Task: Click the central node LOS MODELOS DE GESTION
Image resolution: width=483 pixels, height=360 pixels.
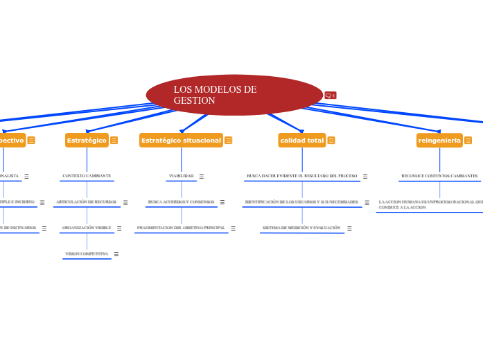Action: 234,95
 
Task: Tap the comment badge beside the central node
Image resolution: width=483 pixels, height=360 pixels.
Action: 331,96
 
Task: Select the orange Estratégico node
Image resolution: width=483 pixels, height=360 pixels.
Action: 87,141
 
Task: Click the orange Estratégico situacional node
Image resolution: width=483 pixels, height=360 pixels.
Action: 181,141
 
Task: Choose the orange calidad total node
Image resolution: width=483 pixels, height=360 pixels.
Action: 301,141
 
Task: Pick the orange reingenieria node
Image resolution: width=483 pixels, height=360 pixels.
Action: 439,141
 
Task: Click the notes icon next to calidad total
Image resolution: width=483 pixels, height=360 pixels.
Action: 331,141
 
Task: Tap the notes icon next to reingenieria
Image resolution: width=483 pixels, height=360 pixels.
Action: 468,141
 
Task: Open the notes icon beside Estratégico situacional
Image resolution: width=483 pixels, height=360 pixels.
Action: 228,141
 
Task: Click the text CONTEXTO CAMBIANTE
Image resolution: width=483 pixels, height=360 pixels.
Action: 87,176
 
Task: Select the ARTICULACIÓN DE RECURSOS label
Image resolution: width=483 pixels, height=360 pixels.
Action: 87,201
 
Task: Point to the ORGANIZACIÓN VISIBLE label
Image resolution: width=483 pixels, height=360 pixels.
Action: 87,227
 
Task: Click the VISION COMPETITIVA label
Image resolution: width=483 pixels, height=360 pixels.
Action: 87,253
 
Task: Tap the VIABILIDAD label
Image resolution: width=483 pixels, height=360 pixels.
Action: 181,176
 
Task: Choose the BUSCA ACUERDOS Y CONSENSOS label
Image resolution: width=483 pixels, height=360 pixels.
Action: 181,201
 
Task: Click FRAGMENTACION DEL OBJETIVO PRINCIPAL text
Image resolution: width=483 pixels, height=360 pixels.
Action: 181,227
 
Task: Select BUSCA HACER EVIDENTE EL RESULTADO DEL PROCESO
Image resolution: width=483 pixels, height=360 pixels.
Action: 301,176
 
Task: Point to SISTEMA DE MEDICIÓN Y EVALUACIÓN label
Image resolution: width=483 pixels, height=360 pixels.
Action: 301,227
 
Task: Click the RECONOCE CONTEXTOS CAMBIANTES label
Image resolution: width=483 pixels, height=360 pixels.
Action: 439,176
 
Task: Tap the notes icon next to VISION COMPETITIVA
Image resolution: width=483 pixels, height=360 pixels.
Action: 116,254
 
